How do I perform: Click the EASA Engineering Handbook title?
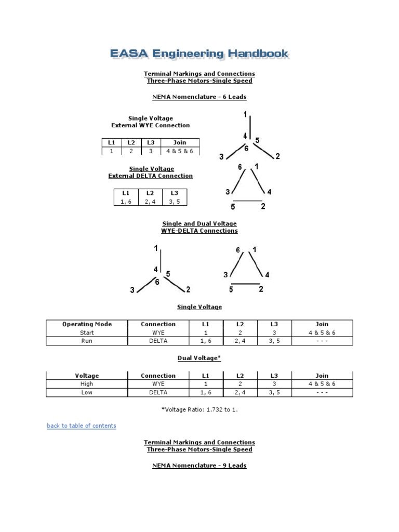tap(199, 54)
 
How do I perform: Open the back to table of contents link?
tap(82, 426)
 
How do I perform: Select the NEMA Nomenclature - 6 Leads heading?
tap(199, 97)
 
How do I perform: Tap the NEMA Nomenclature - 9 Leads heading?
tap(199, 466)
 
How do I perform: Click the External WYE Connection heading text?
tap(151, 126)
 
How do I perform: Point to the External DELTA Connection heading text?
tap(151, 176)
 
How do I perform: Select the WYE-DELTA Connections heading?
tap(199, 231)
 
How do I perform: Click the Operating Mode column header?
tap(87, 324)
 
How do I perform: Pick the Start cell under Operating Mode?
tap(87, 332)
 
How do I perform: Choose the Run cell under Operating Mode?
tap(87, 341)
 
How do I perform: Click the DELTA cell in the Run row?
tap(158, 341)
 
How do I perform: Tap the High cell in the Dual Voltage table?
tap(87, 384)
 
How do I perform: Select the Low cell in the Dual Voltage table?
tap(87, 392)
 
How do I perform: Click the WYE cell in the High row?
tap(158, 384)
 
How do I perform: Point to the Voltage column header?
tap(87, 376)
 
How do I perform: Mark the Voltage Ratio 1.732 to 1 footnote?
tap(199, 409)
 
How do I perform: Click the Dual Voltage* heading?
tap(199, 358)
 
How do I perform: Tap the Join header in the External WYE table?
tap(180, 142)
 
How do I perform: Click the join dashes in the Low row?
tap(322, 392)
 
